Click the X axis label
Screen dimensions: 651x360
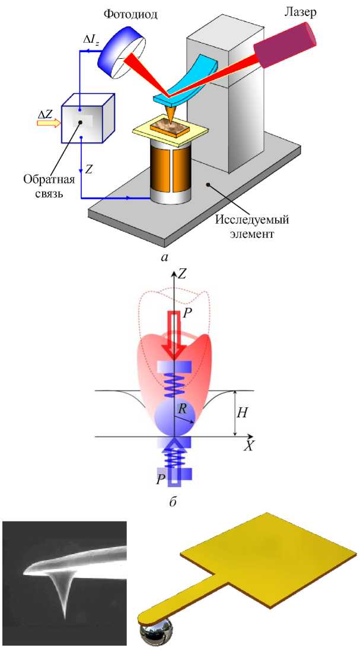coord(249,446)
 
